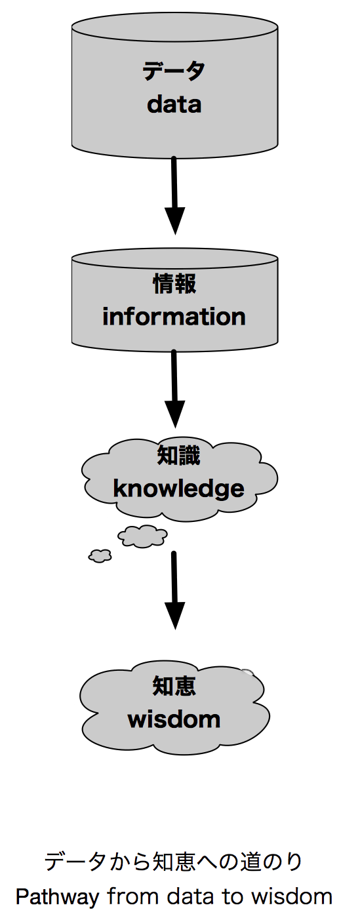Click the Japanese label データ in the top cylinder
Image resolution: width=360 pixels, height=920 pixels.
tap(174, 71)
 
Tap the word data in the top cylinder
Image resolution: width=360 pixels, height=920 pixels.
tap(174, 104)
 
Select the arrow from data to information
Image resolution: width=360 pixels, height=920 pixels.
tap(174, 195)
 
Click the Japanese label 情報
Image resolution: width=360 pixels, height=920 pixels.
tap(175, 284)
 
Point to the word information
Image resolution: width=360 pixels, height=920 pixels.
tap(174, 317)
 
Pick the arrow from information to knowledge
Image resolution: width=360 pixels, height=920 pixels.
tap(174, 389)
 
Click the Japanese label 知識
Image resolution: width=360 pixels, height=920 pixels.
tap(178, 456)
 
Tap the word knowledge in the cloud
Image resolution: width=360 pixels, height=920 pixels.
tap(178, 489)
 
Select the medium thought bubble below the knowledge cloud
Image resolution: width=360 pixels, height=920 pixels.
tap(142, 536)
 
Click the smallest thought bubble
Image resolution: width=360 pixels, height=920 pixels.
tap(100, 555)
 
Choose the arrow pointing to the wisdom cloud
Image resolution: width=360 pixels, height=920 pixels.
tap(174, 590)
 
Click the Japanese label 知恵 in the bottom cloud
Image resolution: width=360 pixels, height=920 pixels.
tap(174, 687)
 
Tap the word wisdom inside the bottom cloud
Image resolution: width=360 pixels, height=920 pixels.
tap(174, 719)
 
